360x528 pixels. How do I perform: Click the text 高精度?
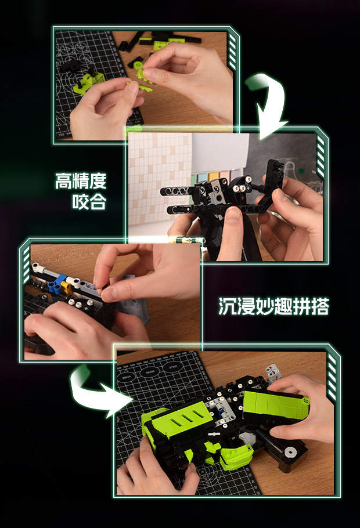tap(81, 181)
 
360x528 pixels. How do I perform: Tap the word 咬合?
tap(89, 201)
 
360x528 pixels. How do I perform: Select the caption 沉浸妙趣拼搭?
tap(273, 306)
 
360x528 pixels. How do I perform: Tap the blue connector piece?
tap(56, 283)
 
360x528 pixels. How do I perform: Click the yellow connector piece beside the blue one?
tap(66, 287)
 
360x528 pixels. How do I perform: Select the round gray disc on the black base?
tap(290, 452)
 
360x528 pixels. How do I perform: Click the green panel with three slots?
tap(182, 418)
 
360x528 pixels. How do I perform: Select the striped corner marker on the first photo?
tap(232, 52)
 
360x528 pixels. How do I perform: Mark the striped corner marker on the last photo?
tap(332, 377)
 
